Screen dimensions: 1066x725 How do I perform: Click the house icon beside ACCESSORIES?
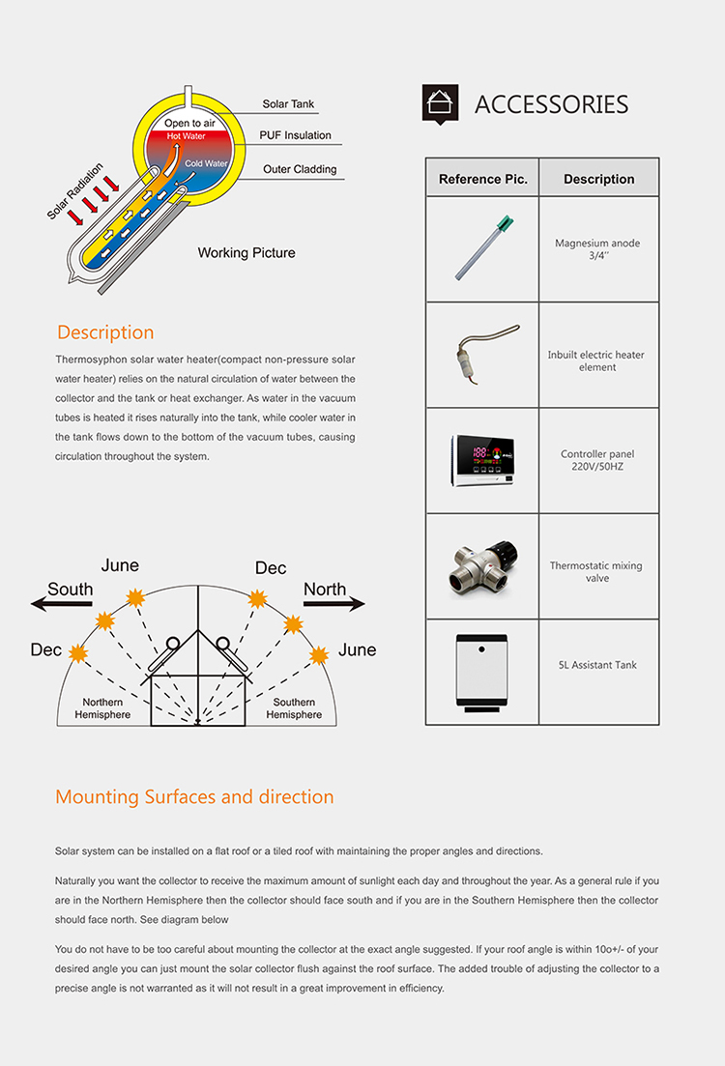click(440, 103)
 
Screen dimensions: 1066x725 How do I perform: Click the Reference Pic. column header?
click(482, 179)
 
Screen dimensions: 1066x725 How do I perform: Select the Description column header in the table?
click(598, 179)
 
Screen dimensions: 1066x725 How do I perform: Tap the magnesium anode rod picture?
click(481, 248)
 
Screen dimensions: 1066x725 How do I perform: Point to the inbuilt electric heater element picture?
click(482, 355)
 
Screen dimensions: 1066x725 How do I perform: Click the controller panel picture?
click(482, 460)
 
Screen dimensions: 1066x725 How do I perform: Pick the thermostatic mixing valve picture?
click(481, 566)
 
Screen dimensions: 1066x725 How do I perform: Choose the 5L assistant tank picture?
click(481, 672)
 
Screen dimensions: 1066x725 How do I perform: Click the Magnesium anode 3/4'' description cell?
click(597, 249)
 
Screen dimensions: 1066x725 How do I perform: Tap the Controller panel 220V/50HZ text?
click(597, 460)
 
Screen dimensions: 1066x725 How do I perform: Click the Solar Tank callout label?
click(288, 104)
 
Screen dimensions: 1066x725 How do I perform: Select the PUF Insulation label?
click(295, 135)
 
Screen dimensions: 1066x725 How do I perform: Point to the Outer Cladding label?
click(300, 169)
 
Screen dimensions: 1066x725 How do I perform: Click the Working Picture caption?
click(246, 253)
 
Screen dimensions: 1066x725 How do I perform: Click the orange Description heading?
click(105, 332)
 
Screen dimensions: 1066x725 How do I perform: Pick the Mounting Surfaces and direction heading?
click(194, 797)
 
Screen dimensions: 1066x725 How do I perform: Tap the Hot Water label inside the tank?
click(187, 136)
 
